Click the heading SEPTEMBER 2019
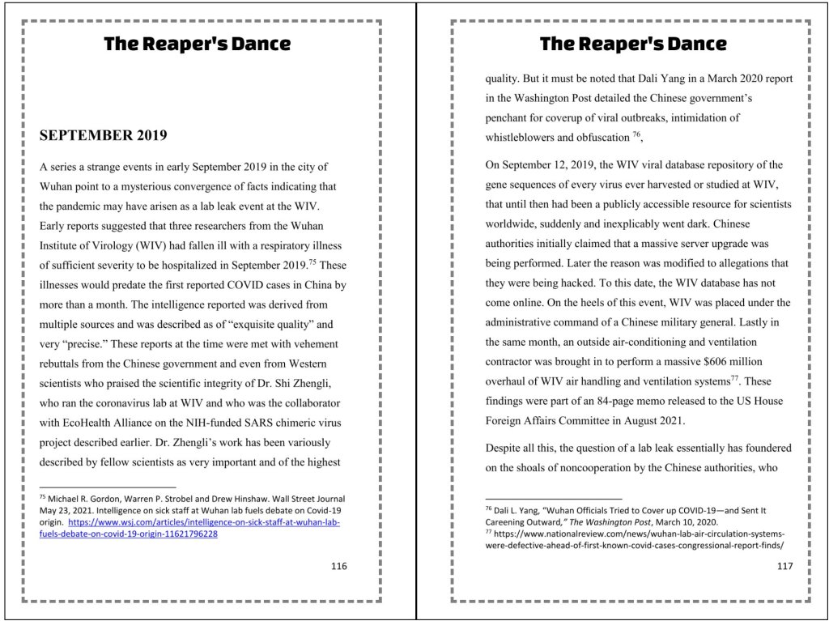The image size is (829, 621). [x=104, y=135]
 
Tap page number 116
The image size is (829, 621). [x=338, y=566]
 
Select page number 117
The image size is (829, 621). [x=784, y=566]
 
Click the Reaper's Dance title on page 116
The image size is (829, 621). [x=197, y=44]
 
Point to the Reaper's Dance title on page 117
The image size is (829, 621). [x=633, y=44]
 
